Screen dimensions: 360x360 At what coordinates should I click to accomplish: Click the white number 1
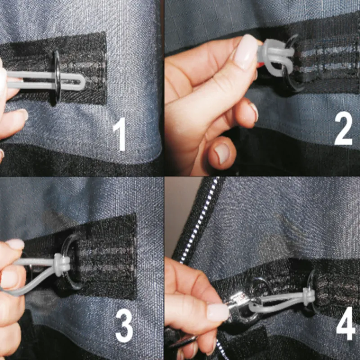click(x=120, y=134)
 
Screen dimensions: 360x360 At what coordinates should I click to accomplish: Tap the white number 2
click(x=343, y=128)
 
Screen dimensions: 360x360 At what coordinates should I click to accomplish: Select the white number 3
click(x=124, y=325)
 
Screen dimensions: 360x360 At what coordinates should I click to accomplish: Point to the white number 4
click(x=346, y=323)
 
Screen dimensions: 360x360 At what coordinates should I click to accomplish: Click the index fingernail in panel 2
click(x=245, y=52)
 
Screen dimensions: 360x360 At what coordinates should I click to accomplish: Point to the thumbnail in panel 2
click(x=222, y=153)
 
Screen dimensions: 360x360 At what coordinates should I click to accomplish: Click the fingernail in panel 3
click(x=14, y=244)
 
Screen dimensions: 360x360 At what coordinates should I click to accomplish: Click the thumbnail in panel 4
click(x=218, y=311)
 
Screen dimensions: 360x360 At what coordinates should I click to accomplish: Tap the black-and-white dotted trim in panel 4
click(x=200, y=220)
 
